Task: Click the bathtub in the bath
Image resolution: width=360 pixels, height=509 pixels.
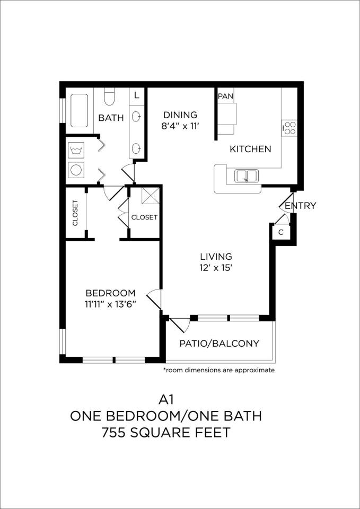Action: coord(79,110)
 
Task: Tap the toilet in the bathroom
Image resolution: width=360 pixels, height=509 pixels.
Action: coord(109,96)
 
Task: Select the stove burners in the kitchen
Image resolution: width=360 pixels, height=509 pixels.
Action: coord(289,127)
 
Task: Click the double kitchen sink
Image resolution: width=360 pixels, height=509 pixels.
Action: coord(247,175)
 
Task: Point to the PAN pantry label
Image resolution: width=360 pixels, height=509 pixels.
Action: coord(225,96)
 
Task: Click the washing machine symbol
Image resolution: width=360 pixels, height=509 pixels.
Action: coord(76,151)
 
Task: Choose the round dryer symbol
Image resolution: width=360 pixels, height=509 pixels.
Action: coord(76,170)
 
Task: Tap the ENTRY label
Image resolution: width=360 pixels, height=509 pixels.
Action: coord(300,206)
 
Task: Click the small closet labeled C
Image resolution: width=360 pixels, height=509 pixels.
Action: coord(281,232)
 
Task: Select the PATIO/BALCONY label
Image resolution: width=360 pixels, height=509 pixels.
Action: coord(219,344)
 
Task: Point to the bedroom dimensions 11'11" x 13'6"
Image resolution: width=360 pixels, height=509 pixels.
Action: coord(111,305)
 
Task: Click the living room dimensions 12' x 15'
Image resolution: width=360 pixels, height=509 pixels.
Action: coord(216,268)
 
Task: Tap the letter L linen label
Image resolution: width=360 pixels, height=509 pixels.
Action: coord(137,96)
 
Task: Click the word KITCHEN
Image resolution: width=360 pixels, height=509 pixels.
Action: coord(250,150)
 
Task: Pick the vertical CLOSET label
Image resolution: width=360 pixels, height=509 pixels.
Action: coord(75,213)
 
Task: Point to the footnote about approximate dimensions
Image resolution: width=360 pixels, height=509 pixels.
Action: coord(219,370)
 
